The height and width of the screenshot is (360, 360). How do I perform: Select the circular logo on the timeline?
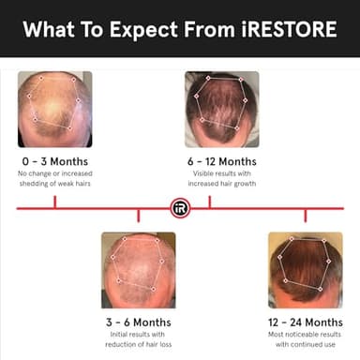coord(180,208)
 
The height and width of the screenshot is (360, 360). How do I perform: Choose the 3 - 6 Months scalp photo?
coord(138,270)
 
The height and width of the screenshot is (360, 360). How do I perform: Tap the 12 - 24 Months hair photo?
coord(305,270)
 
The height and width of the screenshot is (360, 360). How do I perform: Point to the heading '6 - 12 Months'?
coord(221,161)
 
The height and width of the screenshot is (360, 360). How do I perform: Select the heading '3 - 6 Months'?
coord(138,322)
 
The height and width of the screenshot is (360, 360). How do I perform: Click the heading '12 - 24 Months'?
coord(305,322)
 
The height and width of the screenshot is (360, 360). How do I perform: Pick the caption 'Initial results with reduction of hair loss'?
coord(138,338)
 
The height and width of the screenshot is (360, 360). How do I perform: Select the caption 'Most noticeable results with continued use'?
coord(305,338)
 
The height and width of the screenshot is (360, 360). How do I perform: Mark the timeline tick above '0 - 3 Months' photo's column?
coord(54,202)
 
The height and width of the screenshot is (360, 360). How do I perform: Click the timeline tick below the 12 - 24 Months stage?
coord(305,215)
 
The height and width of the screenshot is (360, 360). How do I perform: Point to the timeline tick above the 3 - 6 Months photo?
coord(138,215)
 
